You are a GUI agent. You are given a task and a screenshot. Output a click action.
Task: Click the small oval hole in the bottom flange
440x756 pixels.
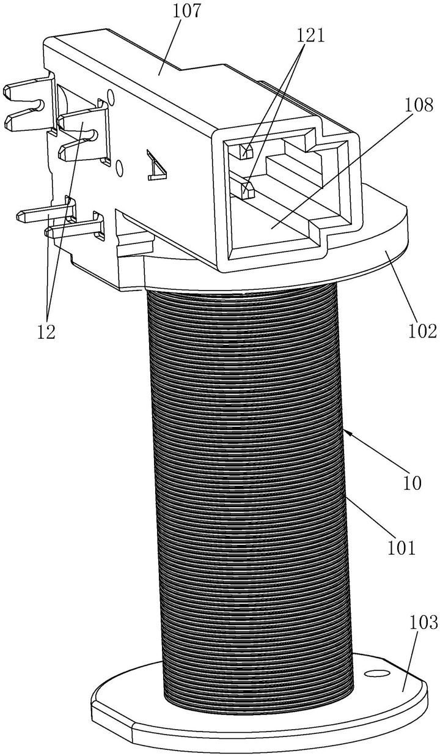pos(376,674)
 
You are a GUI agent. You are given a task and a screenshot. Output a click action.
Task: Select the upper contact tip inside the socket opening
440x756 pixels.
pos(246,151)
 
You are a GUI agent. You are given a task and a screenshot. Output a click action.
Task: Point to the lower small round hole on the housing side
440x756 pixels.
pos(119,168)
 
